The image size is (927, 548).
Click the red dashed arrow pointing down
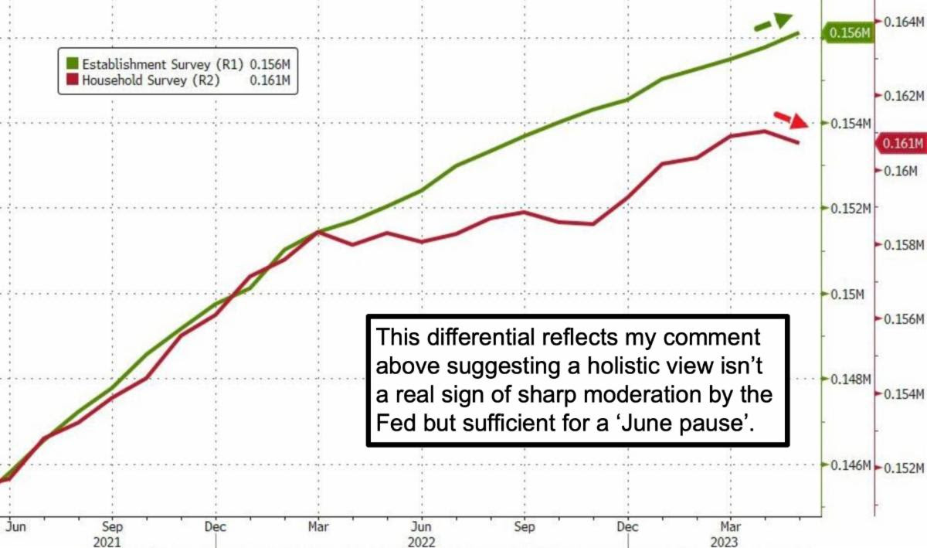click(790, 119)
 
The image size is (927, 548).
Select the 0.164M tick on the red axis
click(904, 22)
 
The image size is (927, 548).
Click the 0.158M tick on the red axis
click(904, 245)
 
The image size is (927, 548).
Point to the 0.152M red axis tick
click(904, 468)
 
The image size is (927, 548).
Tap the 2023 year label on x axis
click(731, 541)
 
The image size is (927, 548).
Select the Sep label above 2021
click(112, 526)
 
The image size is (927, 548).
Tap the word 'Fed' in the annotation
click(395, 424)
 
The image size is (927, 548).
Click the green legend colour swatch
click(72, 63)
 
